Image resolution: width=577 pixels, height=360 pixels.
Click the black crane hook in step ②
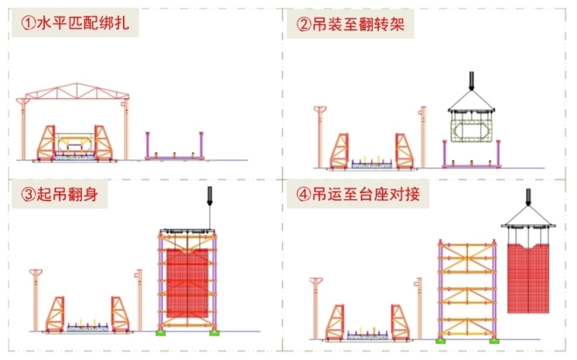tap(471, 80)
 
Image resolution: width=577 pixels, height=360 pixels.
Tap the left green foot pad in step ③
tap(162, 331)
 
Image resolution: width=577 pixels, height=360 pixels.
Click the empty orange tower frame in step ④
tap(467, 289)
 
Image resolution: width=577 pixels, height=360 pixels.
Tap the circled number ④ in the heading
tap(302, 196)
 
